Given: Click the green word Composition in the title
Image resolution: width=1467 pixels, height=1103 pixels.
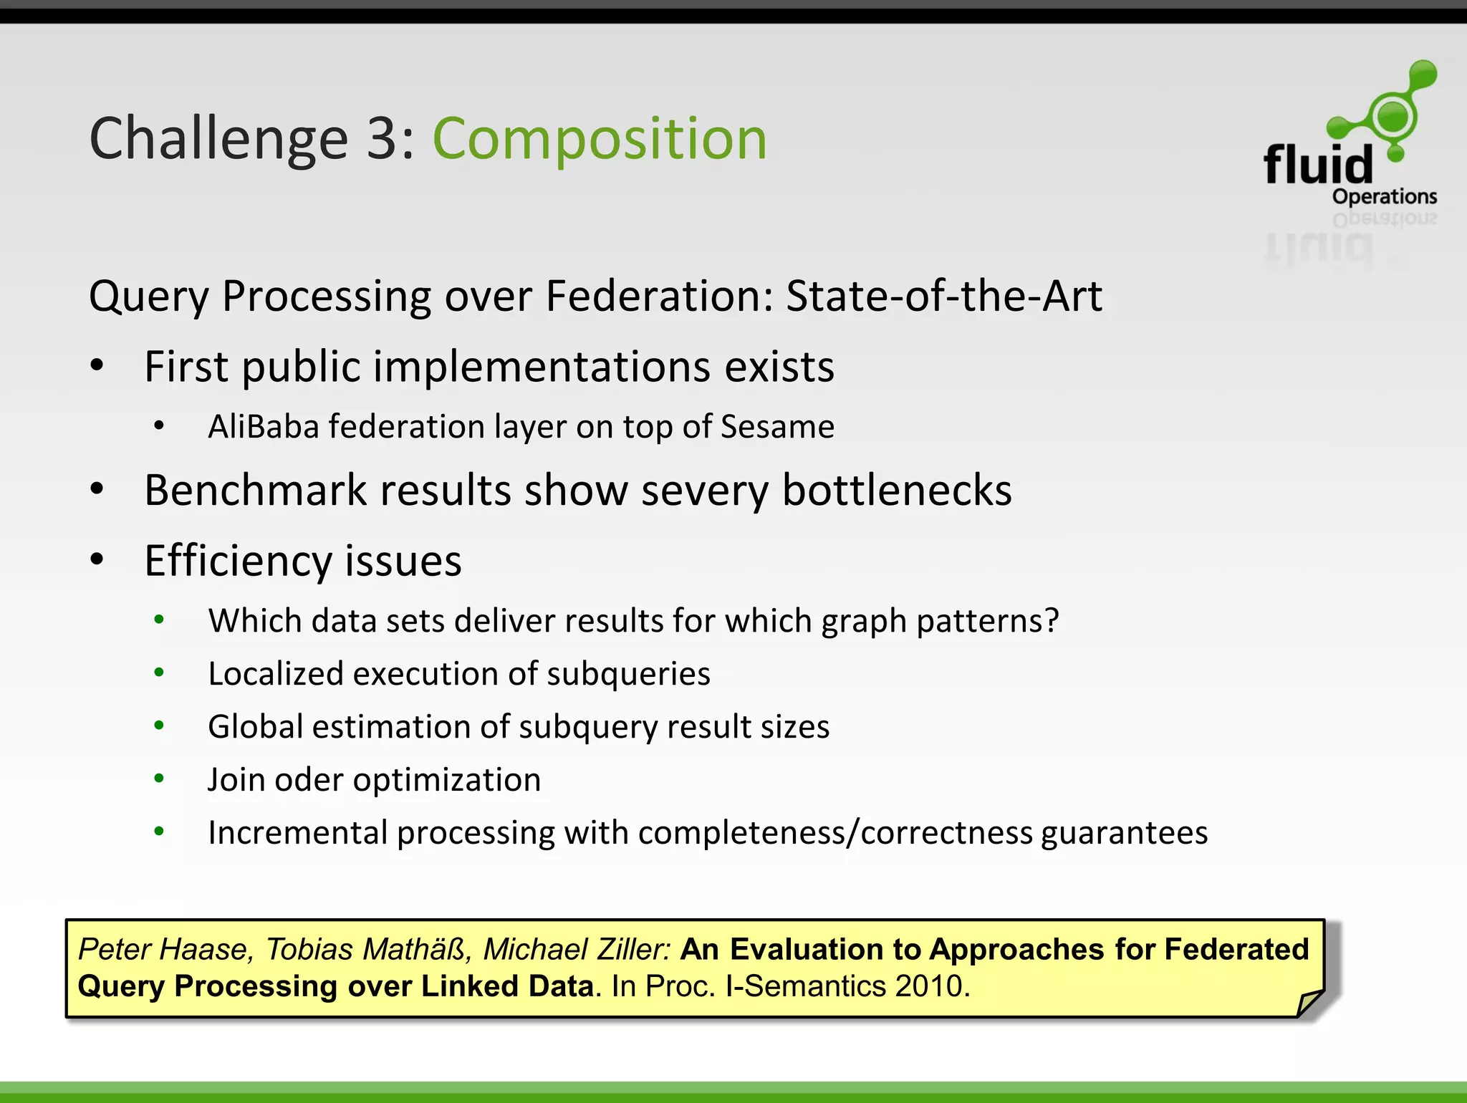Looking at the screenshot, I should point(600,139).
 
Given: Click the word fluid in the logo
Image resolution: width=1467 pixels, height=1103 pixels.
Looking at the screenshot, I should point(1318,164).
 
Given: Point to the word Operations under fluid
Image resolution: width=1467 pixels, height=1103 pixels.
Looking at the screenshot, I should point(1384,197).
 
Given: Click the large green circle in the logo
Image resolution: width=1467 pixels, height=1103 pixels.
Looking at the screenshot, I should point(1392,115).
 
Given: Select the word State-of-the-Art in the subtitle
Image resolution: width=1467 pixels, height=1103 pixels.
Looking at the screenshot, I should point(943,296).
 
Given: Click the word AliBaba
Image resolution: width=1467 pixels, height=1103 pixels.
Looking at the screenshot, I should point(263,427).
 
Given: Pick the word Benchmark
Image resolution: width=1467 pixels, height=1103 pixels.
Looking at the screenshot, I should point(256,491).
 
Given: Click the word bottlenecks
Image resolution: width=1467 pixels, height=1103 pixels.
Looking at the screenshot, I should point(897,491).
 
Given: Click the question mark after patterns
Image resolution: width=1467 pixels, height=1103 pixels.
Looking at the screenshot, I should point(1052,620).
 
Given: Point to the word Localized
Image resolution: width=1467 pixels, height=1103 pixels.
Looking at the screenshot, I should point(275,674).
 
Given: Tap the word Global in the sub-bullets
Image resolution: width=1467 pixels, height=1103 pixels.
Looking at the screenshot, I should point(255,727).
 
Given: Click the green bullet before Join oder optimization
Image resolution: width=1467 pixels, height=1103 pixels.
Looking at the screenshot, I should point(159,779).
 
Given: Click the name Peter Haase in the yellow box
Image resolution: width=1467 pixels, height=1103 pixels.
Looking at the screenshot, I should point(163,950).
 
